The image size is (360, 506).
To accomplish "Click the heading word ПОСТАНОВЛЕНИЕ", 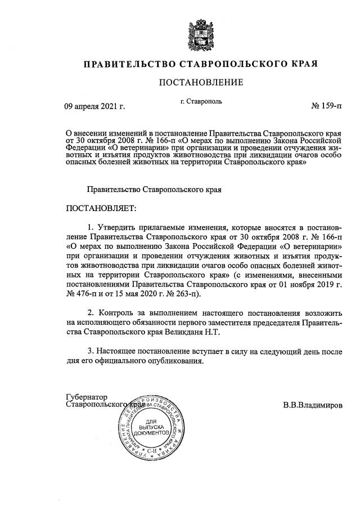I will [x=201, y=83].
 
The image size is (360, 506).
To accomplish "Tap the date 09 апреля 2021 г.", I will [x=95, y=105].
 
